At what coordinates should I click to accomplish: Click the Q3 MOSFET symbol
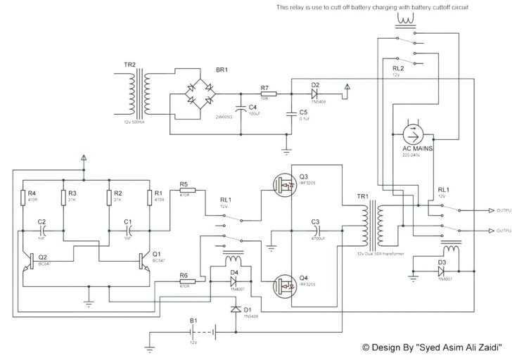286,184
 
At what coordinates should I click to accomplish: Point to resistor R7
268,94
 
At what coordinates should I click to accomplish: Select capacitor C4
241,110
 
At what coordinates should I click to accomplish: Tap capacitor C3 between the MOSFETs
316,229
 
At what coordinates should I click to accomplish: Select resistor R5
187,191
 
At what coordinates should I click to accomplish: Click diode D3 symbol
441,270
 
